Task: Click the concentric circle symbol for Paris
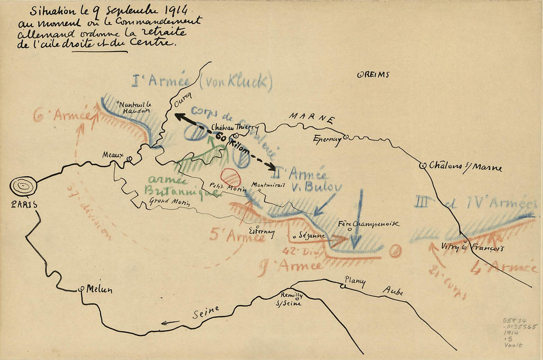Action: coord(23,186)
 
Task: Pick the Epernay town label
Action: coord(327,139)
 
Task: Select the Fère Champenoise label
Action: coord(368,224)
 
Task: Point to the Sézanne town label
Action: coord(312,236)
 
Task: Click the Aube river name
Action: coord(393,291)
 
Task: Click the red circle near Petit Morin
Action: coord(231,177)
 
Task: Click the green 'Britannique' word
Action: coord(181,191)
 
